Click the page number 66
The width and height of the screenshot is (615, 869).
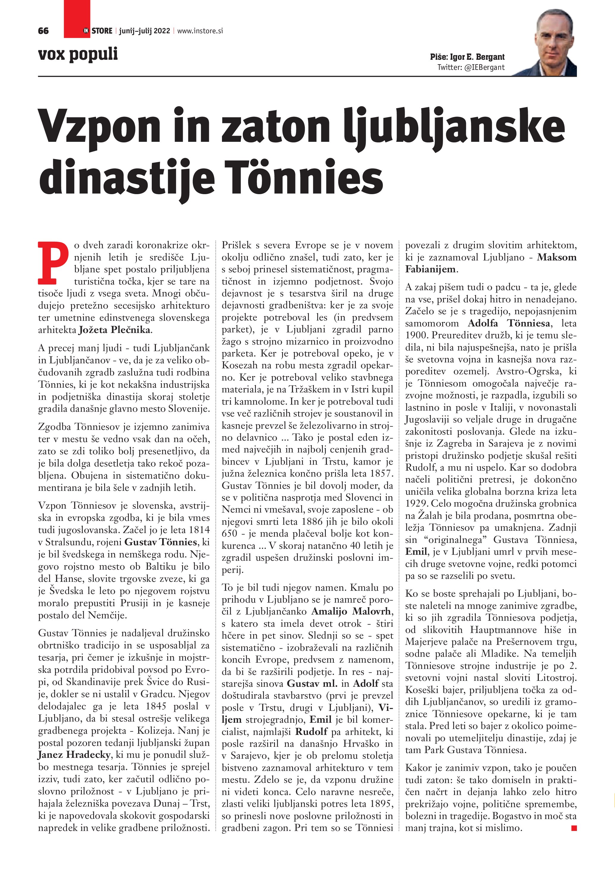(x=43, y=31)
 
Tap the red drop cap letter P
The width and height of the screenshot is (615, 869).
(x=53, y=263)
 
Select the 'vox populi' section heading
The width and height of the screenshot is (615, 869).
(x=78, y=54)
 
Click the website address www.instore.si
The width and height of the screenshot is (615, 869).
(x=200, y=31)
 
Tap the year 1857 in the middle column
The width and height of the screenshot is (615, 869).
(x=382, y=474)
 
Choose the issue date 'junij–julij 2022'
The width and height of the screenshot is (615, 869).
(x=144, y=31)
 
